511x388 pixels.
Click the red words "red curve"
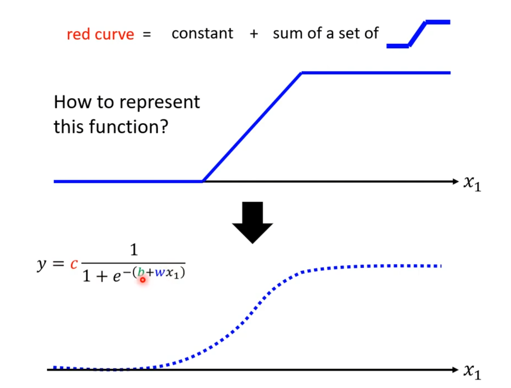100,34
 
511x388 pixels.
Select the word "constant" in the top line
202,34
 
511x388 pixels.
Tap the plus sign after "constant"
254,34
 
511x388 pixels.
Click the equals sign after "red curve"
147,35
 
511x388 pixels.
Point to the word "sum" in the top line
287,34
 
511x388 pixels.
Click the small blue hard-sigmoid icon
418,34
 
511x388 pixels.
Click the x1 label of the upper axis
472,183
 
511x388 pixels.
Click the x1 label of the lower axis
472,371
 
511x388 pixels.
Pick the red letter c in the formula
74,264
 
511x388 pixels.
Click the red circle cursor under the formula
142,280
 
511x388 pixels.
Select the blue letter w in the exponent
160,273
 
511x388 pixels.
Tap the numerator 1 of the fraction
134,250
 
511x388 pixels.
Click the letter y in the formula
41,264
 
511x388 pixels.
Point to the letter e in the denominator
117,276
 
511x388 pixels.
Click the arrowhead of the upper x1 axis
455,181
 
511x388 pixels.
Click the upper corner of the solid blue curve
302,73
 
